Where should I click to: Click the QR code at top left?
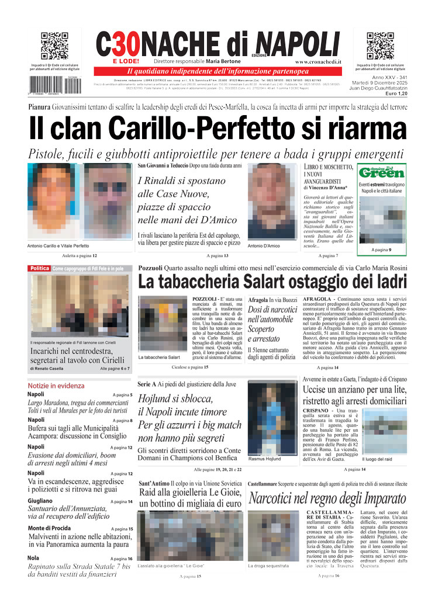pyautogui.click(x=55, y=46)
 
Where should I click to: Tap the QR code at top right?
pyautogui.click(x=379, y=46)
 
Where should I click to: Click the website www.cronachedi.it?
pyautogui.click(x=318, y=61)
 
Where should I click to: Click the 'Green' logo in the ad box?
pyautogui.click(x=382, y=173)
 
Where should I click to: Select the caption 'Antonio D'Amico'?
pyautogui.click(x=264, y=246)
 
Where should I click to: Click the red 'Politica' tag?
pyautogui.click(x=40, y=268)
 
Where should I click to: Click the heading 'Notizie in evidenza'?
pyautogui.click(x=56, y=386)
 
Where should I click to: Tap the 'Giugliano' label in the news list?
pyautogui.click(x=40, y=501)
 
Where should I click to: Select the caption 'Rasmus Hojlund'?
pyautogui.click(x=265, y=459)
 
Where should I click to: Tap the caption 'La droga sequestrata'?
pyautogui.click(x=268, y=566)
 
